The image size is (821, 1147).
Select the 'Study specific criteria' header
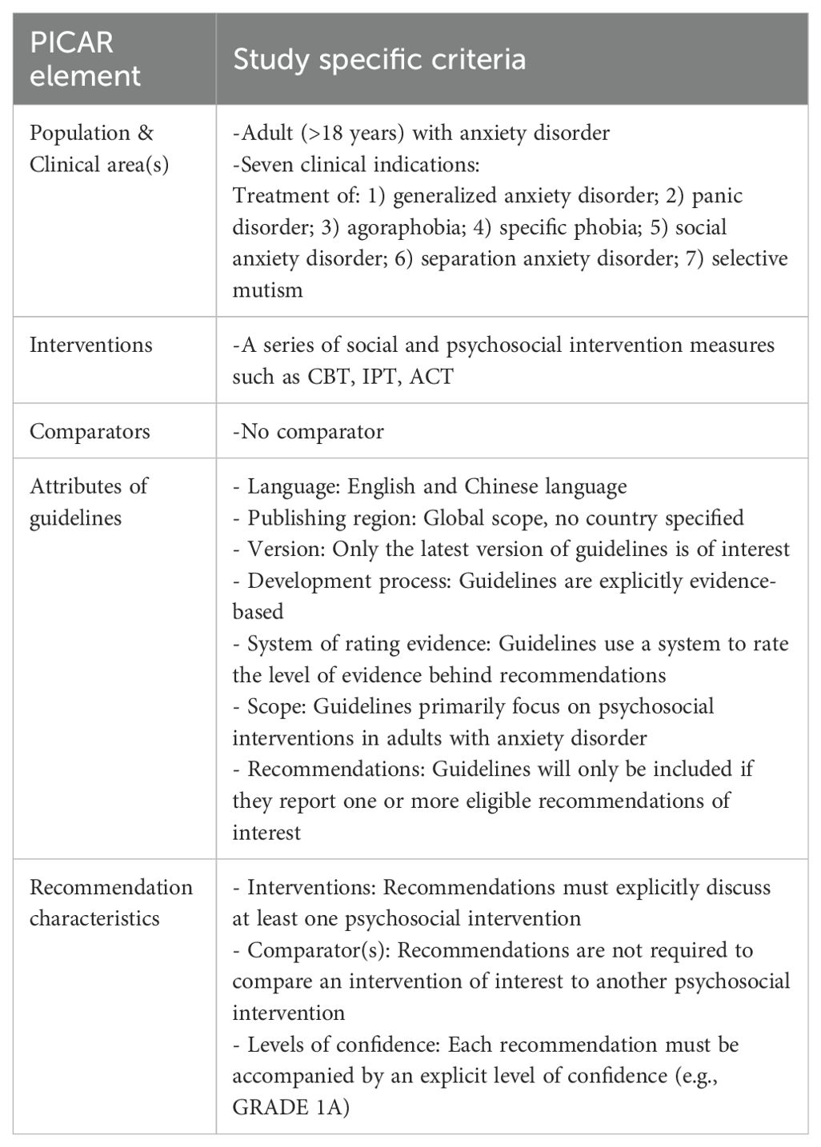[379, 59]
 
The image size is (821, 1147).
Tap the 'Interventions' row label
[90, 345]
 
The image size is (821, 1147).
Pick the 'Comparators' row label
[90, 431]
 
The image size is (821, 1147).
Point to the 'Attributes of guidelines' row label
[88, 502]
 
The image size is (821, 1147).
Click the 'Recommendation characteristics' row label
[110, 902]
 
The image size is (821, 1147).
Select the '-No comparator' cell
[307, 431]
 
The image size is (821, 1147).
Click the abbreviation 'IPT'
[378, 377]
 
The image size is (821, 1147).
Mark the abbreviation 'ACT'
[431, 377]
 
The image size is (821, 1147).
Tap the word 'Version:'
[286, 550]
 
